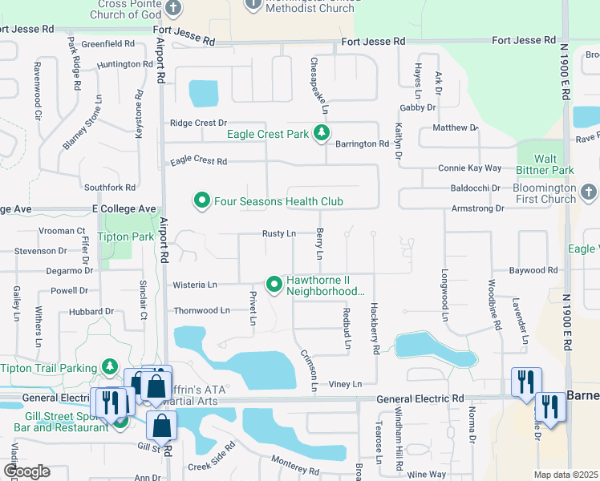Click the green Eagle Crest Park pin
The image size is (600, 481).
[321, 133]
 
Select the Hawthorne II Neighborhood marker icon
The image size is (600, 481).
[274, 284]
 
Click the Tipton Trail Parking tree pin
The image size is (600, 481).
[110, 367]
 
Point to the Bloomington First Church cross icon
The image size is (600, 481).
[588, 192]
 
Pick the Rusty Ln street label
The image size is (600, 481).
[279, 233]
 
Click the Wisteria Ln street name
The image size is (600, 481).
[195, 285]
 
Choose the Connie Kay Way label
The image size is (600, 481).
[469, 168]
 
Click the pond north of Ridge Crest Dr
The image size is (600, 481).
[203, 93]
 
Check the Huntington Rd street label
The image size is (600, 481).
[124, 64]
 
